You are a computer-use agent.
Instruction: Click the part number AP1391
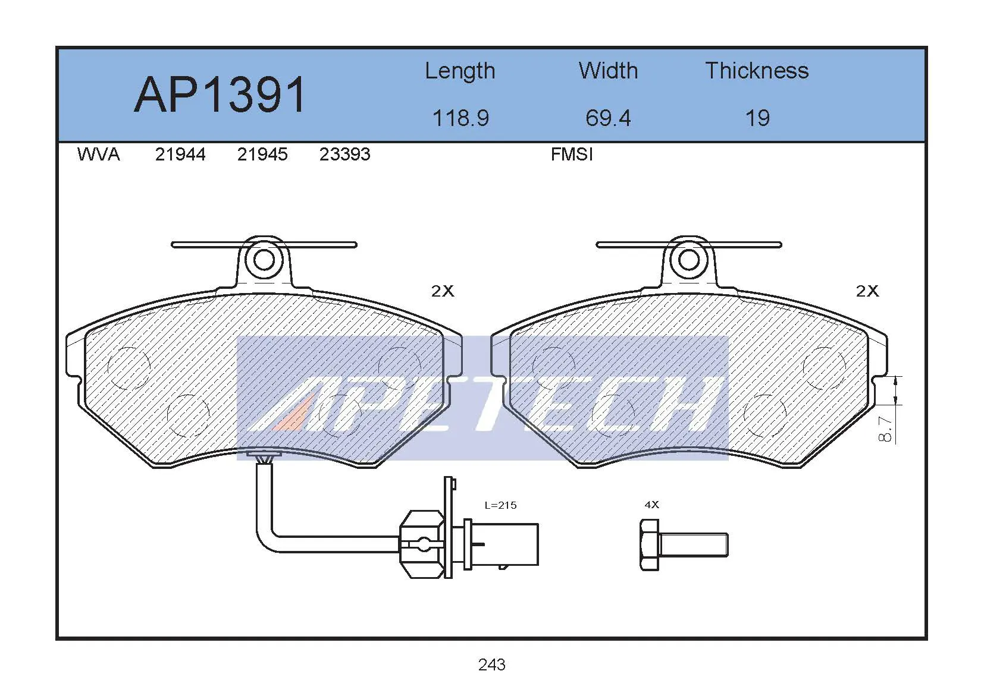[220, 94]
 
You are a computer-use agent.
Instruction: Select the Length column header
[460, 71]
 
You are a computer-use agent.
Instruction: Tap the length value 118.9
[461, 118]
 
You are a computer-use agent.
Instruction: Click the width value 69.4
[609, 118]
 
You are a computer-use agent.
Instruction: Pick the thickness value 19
[758, 118]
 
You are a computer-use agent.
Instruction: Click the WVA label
[98, 155]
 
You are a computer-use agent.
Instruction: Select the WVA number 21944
[180, 155]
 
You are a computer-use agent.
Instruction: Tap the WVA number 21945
[262, 155]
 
